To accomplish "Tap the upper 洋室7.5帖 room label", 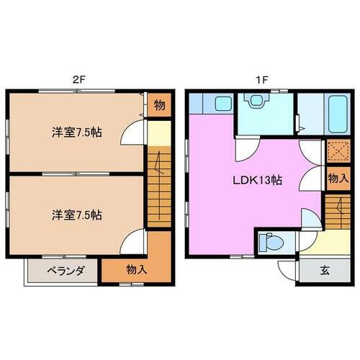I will pyautogui.click(x=76, y=132).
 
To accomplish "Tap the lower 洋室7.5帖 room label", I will pyautogui.click(x=76, y=215).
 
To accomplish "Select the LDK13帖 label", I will pyautogui.click(x=256, y=181).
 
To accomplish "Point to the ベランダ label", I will pyautogui.click(x=67, y=271).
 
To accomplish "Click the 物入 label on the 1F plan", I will pyautogui.click(x=338, y=178).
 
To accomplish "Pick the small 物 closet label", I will pyautogui.click(x=160, y=106).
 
